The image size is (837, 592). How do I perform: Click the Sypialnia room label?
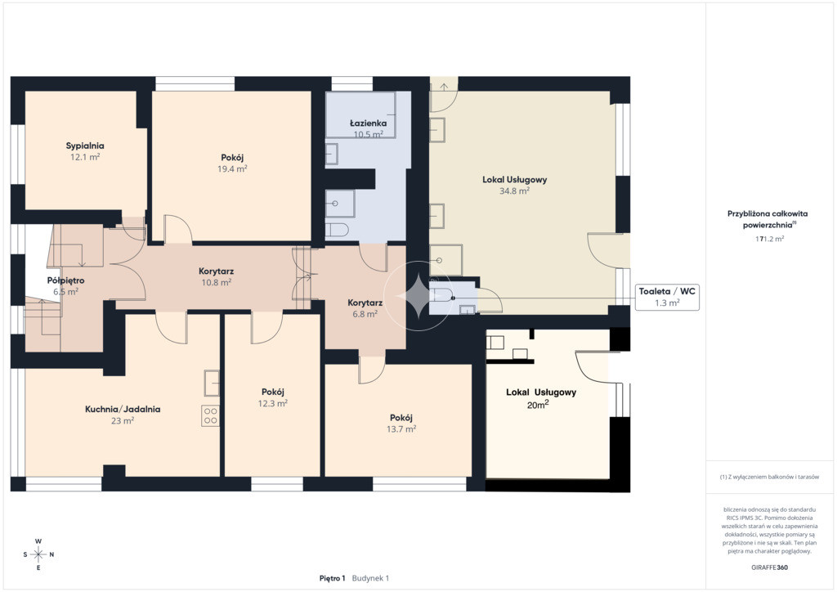pyautogui.click(x=85, y=146)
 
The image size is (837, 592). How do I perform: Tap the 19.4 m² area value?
pyautogui.click(x=232, y=168)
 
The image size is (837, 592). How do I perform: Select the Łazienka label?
pyautogui.click(x=369, y=123)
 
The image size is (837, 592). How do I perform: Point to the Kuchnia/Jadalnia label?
pyautogui.click(x=123, y=410)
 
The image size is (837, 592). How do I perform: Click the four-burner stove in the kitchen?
pyautogui.click(x=210, y=416)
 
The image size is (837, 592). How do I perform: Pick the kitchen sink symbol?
pyautogui.click(x=212, y=383)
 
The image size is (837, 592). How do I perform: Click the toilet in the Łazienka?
pyautogui.click(x=338, y=230)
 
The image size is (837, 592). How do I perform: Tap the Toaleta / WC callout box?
pyautogui.click(x=667, y=297)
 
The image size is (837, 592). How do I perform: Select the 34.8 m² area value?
pyautogui.click(x=515, y=191)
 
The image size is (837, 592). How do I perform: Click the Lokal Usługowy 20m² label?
pyautogui.click(x=541, y=398)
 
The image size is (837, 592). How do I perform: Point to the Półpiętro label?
pyautogui.click(x=65, y=280)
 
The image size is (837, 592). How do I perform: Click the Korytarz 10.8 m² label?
pyautogui.click(x=216, y=276)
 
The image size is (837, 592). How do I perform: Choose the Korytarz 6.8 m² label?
pyautogui.click(x=365, y=308)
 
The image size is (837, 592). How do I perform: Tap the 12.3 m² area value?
pyautogui.click(x=273, y=404)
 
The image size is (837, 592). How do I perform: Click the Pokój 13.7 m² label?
pyautogui.click(x=401, y=424)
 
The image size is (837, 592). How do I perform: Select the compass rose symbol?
pyautogui.click(x=38, y=554)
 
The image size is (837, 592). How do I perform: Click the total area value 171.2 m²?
pyautogui.click(x=769, y=239)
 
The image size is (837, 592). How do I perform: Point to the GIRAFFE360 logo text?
pyautogui.click(x=769, y=567)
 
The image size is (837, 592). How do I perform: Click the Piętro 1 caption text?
pyautogui.click(x=332, y=578)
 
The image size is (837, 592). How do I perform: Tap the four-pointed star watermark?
pyautogui.click(x=418, y=296)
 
